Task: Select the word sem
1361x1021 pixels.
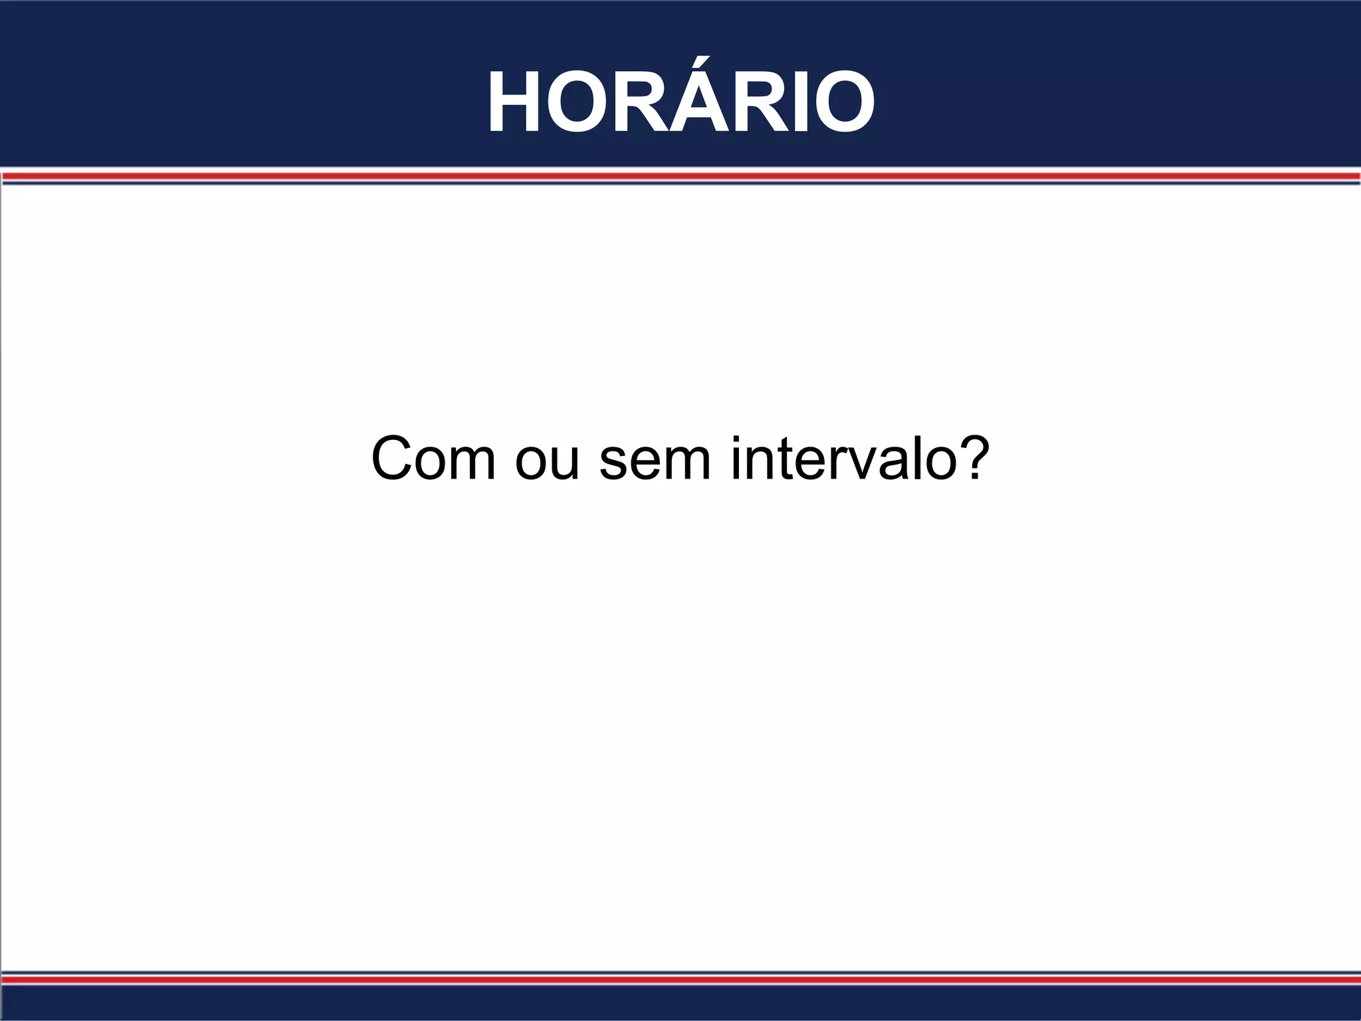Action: click(655, 462)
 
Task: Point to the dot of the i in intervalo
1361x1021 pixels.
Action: click(736, 439)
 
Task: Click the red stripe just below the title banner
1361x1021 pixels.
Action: click(680, 176)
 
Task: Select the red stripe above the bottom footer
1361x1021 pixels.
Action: click(680, 980)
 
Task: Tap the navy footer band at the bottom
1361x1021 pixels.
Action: click(680, 1004)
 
